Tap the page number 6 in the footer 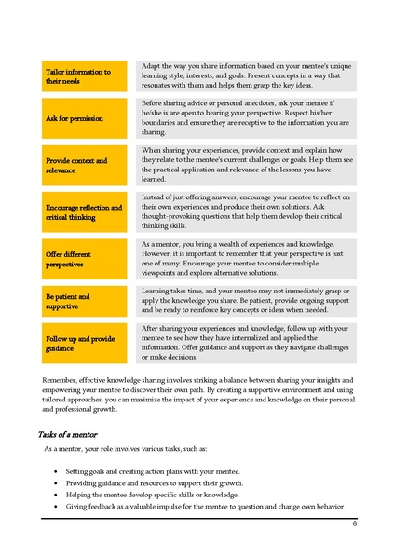coord(354,523)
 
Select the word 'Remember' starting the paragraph coord(61,380)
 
